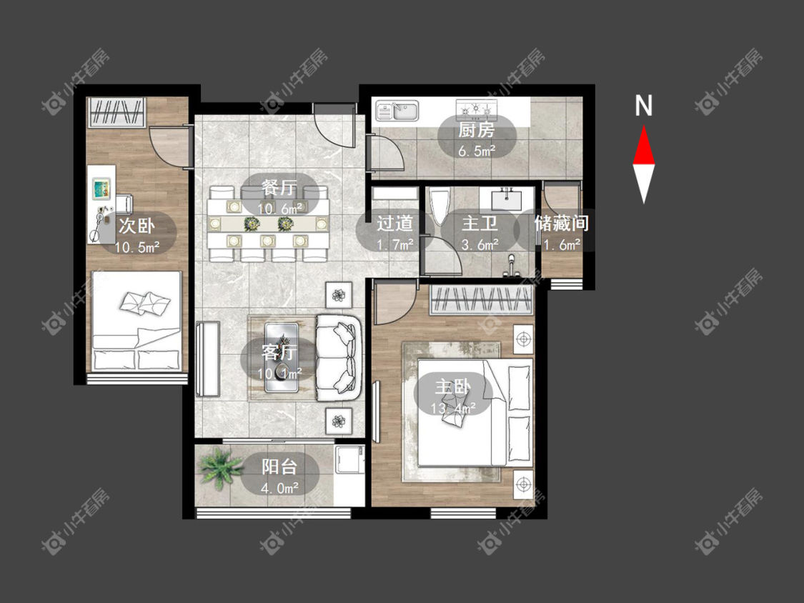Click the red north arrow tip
(x=643, y=126)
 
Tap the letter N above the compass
(x=643, y=106)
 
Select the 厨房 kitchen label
(x=477, y=130)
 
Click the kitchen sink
(x=397, y=111)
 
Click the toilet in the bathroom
(x=440, y=206)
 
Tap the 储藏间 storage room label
(x=562, y=223)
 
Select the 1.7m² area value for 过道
(x=394, y=244)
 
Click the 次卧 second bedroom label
(x=137, y=225)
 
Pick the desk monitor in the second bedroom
(x=102, y=189)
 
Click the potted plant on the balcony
(x=221, y=467)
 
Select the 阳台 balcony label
(x=279, y=467)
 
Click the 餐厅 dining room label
(x=279, y=188)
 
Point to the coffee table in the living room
(x=282, y=357)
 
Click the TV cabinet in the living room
(x=208, y=359)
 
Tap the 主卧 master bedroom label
(x=453, y=387)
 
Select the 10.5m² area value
(x=137, y=248)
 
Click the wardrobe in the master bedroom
(x=481, y=299)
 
